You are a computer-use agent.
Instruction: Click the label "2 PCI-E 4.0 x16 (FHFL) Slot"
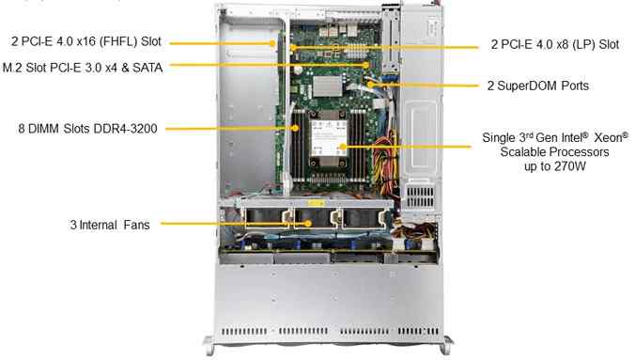pyautogui.click(x=86, y=41)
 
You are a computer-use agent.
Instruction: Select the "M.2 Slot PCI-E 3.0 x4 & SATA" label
pyautogui.click(x=83, y=68)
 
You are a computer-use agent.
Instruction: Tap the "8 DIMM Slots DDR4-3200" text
pyautogui.click(x=87, y=129)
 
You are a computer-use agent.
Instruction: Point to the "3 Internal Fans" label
pyautogui.click(x=110, y=225)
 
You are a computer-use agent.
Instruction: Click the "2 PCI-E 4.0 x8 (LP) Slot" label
pyautogui.click(x=555, y=44)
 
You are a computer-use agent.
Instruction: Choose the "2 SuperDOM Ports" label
pyautogui.click(x=538, y=86)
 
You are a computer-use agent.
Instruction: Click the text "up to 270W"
pyautogui.click(x=555, y=166)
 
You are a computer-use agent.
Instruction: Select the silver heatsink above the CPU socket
pyautogui.click(x=327, y=86)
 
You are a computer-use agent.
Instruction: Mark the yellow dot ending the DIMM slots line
pyautogui.click(x=295, y=128)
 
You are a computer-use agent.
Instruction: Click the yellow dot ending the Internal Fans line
pyautogui.click(x=308, y=223)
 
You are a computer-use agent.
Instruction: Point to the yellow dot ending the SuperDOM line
pyautogui.click(x=370, y=85)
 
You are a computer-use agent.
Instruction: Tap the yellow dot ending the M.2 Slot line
pyautogui.click(x=366, y=65)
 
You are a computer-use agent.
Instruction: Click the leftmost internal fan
pyautogui.click(x=265, y=218)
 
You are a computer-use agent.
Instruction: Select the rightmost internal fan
pyautogui.click(x=362, y=218)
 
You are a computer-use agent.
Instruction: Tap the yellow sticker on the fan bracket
pyautogui.click(x=316, y=203)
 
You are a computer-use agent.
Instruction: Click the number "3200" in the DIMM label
pyautogui.click(x=144, y=129)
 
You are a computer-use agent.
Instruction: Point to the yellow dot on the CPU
pyautogui.click(x=343, y=147)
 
